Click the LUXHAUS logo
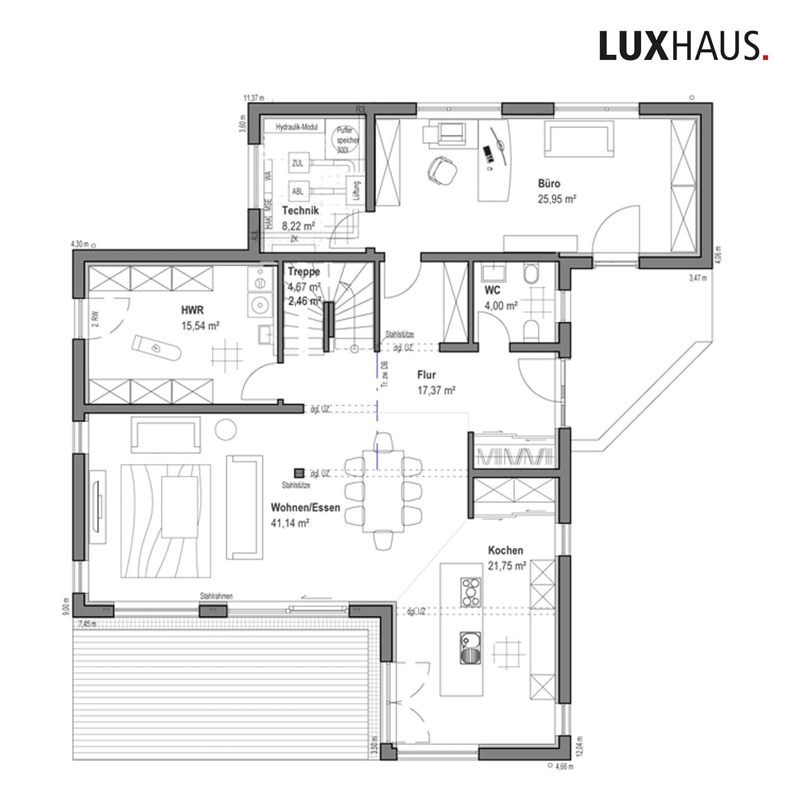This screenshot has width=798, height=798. click(x=683, y=46)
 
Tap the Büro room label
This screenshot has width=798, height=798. click(x=549, y=184)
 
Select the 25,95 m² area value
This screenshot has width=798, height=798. click(x=556, y=199)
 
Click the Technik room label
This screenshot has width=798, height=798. click(x=300, y=211)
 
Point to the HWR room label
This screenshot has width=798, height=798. click(x=192, y=310)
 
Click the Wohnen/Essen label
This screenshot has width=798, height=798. click(x=305, y=507)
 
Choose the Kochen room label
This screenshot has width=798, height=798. click(x=505, y=550)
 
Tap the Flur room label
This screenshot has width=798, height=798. click(x=426, y=375)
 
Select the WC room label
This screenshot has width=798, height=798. click(x=493, y=291)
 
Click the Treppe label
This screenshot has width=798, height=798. click(x=304, y=272)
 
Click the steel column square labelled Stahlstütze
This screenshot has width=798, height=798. click(x=300, y=474)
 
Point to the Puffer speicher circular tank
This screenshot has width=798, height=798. click(x=347, y=141)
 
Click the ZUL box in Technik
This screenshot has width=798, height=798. click(x=297, y=163)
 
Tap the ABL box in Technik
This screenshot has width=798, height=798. click(x=297, y=191)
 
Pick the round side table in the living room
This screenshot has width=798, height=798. click(x=224, y=430)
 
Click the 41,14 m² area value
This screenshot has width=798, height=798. click(x=291, y=524)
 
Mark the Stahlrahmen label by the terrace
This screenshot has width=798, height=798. click(x=216, y=597)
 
